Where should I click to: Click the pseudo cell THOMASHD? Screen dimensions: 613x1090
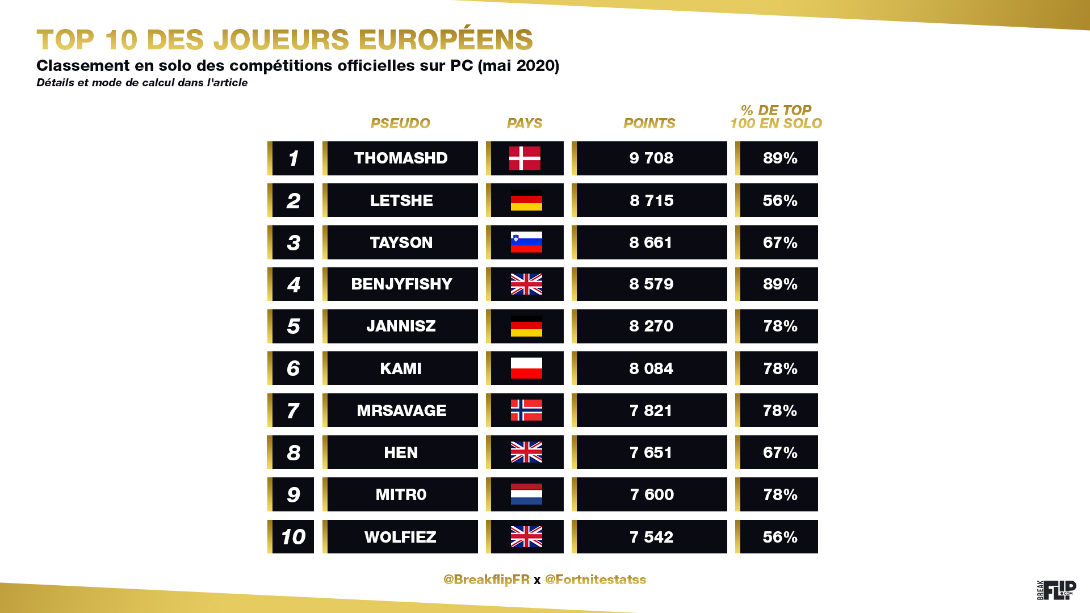[x=401, y=158]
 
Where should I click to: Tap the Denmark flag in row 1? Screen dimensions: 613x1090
[x=525, y=158]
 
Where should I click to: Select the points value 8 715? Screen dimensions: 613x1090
[x=651, y=200]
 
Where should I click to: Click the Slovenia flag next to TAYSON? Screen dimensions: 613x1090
[x=526, y=242]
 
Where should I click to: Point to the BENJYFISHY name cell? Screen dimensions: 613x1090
[x=401, y=284]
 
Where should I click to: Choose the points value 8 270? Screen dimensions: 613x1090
[x=651, y=326]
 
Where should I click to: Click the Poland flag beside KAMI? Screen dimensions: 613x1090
[x=526, y=368]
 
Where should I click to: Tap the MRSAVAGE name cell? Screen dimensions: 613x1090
[x=401, y=410]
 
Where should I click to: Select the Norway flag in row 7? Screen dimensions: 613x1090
[x=526, y=410]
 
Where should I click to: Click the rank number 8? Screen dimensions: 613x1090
[x=294, y=452]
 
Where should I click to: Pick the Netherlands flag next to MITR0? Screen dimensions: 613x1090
[x=526, y=494]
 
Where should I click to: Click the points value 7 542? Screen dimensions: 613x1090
[x=651, y=537]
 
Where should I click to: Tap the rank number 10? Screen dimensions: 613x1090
[x=293, y=537]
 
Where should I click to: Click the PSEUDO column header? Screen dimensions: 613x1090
[x=400, y=123]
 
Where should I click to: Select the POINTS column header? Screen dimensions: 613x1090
[x=649, y=123]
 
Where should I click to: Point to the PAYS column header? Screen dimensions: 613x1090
[x=525, y=123]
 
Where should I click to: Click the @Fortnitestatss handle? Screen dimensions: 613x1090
[x=596, y=580]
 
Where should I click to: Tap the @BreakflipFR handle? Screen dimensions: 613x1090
[x=486, y=580]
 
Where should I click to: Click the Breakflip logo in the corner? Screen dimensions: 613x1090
[x=1057, y=590]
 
